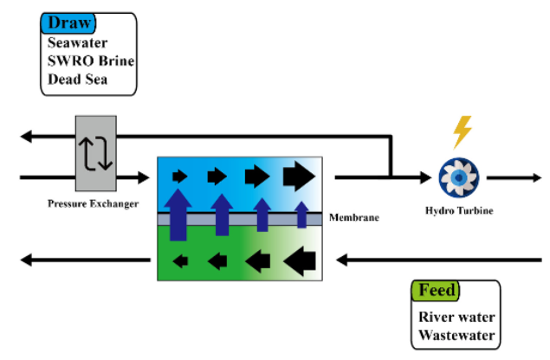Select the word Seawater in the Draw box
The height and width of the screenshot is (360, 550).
click(78, 43)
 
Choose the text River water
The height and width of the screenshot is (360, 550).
click(457, 317)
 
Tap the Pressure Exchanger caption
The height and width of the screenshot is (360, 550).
click(94, 203)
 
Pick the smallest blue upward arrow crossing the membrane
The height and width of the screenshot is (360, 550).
click(301, 212)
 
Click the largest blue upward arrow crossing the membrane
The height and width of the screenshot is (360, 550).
click(178, 215)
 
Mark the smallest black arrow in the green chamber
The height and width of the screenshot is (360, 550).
click(182, 258)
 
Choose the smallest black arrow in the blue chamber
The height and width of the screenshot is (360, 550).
click(179, 177)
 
